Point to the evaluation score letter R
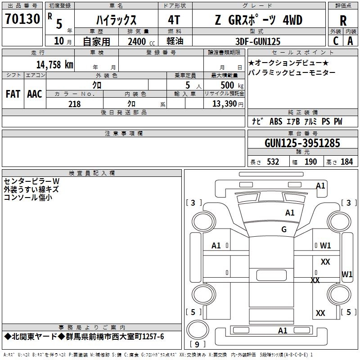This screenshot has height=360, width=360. click(343, 21)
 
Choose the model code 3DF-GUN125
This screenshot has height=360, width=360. click(258, 41)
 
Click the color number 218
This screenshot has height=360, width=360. click(74, 104)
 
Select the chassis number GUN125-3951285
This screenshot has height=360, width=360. click(302, 143)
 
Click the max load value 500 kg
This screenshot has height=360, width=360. click(232, 85)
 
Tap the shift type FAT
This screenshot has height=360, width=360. click(13, 94)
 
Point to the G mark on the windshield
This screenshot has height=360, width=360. click(284, 229)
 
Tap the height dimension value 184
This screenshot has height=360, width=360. click(346, 162)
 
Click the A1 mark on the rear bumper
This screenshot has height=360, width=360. click(283, 331)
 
